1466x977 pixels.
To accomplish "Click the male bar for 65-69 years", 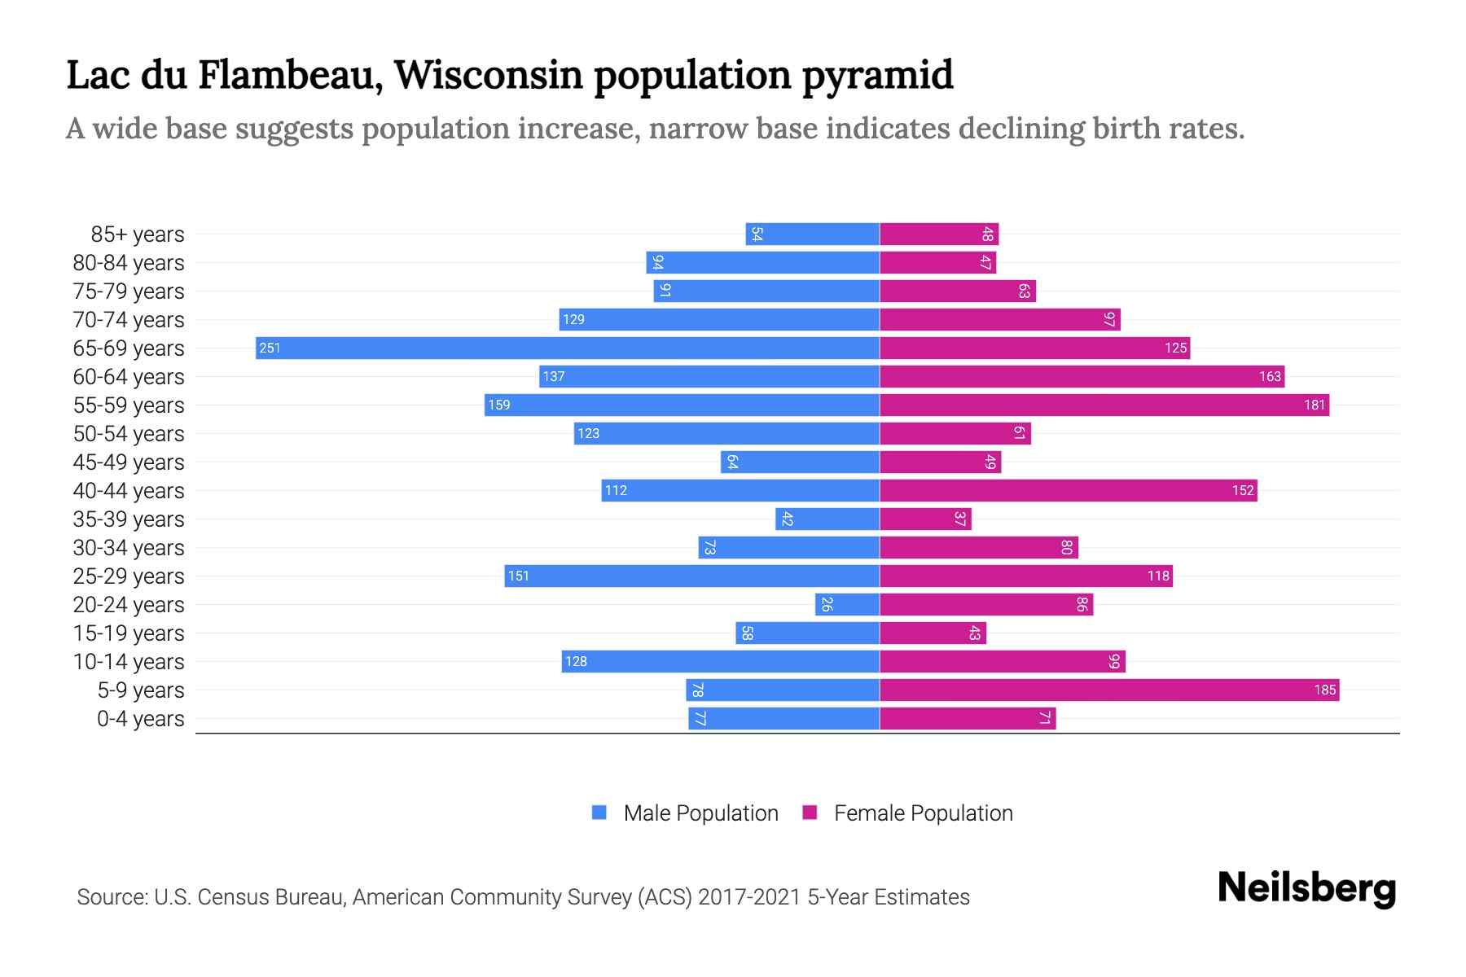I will coord(568,348).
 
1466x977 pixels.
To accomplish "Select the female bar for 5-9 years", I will coord(1109,690).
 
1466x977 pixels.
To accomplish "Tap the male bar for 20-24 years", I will coord(847,604).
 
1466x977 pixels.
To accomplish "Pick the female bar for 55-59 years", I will coord(1104,405).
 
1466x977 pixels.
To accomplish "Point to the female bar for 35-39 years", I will coord(925,519).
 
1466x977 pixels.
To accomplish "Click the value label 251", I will coord(270,348).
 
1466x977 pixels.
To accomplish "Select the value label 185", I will coord(1324,690).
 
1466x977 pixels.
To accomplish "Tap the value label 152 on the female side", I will coord(1242,490).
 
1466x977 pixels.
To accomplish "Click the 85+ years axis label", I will coord(138,234).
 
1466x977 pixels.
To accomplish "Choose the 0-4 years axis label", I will coord(140,719).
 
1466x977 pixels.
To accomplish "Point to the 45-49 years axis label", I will coord(129,462).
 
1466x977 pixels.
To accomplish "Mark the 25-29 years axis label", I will coord(129,576).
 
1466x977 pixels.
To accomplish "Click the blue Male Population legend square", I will coord(599,813).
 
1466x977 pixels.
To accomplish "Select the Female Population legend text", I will coord(923,813).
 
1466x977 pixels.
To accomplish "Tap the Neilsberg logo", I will coord(1306,888).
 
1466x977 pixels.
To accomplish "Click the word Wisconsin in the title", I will coord(489,75).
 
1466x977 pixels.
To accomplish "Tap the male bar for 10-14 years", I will coord(720,661).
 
